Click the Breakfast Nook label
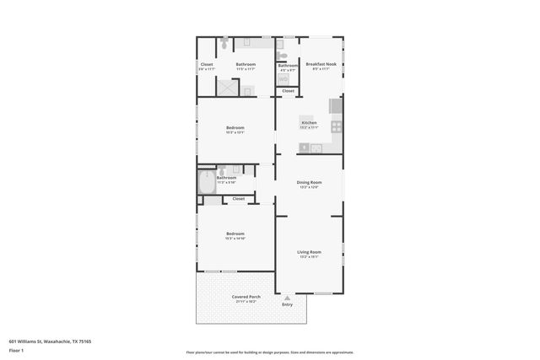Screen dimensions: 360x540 point(317,64)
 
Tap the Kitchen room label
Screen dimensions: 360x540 point(310,123)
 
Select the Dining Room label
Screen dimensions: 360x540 point(309,182)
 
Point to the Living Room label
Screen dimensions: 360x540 point(309,251)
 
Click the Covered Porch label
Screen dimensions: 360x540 point(246,297)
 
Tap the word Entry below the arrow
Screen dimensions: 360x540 point(288,304)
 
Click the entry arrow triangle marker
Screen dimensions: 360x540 point(288,296)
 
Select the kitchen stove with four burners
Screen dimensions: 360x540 point(336,126)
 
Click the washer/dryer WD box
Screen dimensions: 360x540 point(283,79)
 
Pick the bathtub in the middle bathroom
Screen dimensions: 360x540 point(207,183)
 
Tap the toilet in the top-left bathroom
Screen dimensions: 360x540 point(224,41)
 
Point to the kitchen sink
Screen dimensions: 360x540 point(316,148)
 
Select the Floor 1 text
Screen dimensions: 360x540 point(17,350)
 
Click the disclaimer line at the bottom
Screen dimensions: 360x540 point(269,352)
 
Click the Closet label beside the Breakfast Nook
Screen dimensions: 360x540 point(288,90)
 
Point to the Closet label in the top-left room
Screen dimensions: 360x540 point(207,64)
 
